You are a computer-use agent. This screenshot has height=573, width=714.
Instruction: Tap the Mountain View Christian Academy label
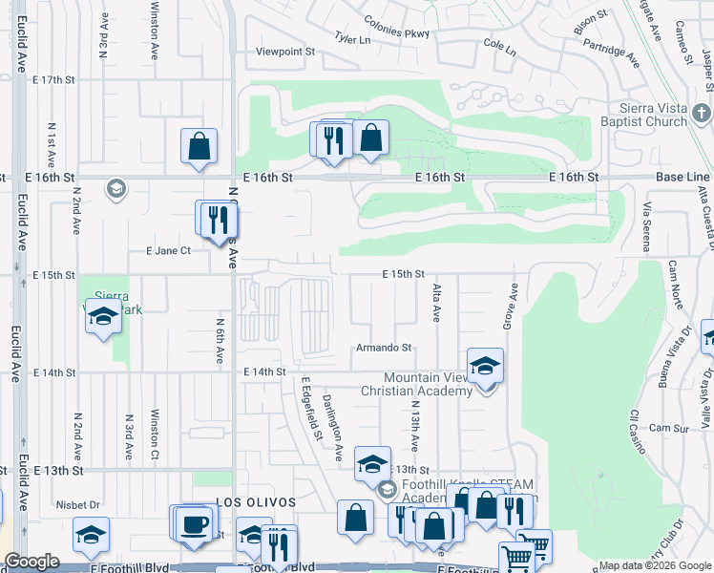coord(415,384)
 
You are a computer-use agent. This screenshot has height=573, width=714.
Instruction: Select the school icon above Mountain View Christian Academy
coord(485,366)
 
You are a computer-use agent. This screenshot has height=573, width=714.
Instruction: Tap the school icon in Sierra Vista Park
coord(103,317)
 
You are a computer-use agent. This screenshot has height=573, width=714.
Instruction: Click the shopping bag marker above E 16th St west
coord(199,147)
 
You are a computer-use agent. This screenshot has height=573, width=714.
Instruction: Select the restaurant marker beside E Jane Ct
coord(220,219)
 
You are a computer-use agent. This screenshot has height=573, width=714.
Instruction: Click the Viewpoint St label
coord(285,53)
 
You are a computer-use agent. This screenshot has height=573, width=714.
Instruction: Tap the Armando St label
coord(384,349)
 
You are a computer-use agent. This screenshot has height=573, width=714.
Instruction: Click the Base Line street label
coord(682,178)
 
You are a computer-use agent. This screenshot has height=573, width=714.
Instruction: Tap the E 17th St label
coord(53,80)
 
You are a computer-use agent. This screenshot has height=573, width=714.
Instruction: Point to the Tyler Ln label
coord(351,39)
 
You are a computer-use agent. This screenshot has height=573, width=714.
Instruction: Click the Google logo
coord(31,562)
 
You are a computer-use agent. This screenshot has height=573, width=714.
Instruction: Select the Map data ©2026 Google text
coord(655,565)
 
